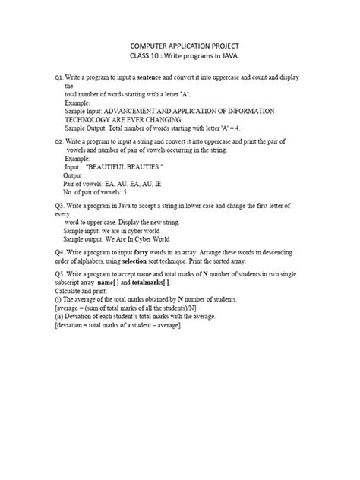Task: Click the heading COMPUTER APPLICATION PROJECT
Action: click(x=180, y=46)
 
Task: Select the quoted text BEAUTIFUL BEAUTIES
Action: click(x=125, y=166)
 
